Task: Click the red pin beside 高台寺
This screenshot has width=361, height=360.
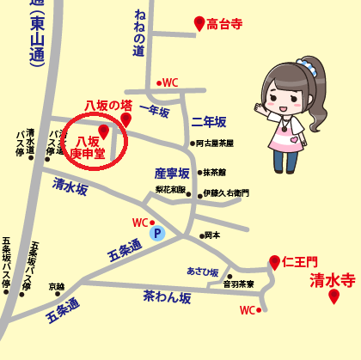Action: pyautogui.click(x=199, y=23)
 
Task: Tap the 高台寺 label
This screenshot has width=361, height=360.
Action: pyautogui.click(x=226, y=26)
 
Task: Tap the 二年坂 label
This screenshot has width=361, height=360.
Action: pyautogui.click(x=208, y=122)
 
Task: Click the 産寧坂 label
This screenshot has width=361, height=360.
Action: pyautogui.click(x=171, y=173)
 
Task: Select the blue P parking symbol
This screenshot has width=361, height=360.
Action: pyautogui.click(x=156, y=233)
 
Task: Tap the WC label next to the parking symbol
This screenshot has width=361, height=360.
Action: pyautogui.click(x=140, y=223)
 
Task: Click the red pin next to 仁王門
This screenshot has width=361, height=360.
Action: pyautogui.click(x=274, y=261)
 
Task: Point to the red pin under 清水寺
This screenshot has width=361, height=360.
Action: pyautogui.click(x=333, y=296)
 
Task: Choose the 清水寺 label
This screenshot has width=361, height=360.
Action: pyautogui.click(x=333, y=279)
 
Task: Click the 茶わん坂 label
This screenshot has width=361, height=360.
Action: pyautogui.click(x=166, y=296)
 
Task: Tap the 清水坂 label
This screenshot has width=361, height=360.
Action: pyautogui.click(x=70, y=186)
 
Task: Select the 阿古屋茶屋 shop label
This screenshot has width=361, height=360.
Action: pyautogui.click(x=215, y=144)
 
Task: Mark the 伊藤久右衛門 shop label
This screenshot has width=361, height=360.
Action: pyautogui.click(x=227, y=195)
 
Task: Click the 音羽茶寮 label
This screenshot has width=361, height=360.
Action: pyautogui.click(x=238, y=284)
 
